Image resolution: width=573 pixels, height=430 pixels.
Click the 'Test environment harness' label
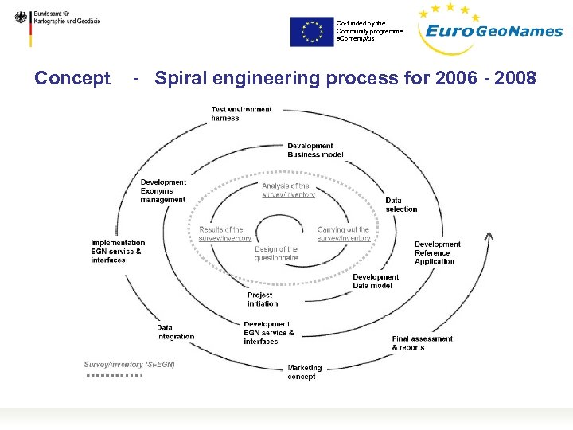click(x=241, y=114)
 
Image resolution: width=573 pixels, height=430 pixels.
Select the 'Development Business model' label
click(x=315, y=150)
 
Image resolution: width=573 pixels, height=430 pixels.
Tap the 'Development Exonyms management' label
click(x=163, y=191)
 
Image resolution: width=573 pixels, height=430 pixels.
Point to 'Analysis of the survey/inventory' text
click(x=288, y=190)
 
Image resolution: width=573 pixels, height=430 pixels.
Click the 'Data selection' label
click(x=401, y=205)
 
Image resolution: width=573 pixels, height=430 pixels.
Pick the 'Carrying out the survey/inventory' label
click(x=344, y=234)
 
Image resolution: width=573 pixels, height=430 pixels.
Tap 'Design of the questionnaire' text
click(x=276, y=253)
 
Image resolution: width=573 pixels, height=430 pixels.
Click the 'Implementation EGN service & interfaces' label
click(x=118, y=251)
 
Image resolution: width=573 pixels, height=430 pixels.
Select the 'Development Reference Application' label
click(x=437, y=252)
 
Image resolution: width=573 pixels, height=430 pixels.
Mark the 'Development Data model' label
click(x=376, y=281)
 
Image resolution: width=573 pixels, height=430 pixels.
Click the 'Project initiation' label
click(x=263, y=299)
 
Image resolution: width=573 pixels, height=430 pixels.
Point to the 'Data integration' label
click(x=175, y=332)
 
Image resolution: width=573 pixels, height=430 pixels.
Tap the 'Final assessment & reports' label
click(x=422, y=343)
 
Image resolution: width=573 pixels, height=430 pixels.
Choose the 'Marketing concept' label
click(x=305, y=372)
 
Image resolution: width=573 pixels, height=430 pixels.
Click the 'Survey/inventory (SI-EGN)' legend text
click(x=130, y=364)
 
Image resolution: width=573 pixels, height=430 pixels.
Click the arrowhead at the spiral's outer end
click(x=489, y=236)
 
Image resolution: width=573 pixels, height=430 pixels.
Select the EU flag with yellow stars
click(x=312, y=31)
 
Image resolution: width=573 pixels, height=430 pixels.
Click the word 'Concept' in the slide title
click(x=72, y=78)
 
